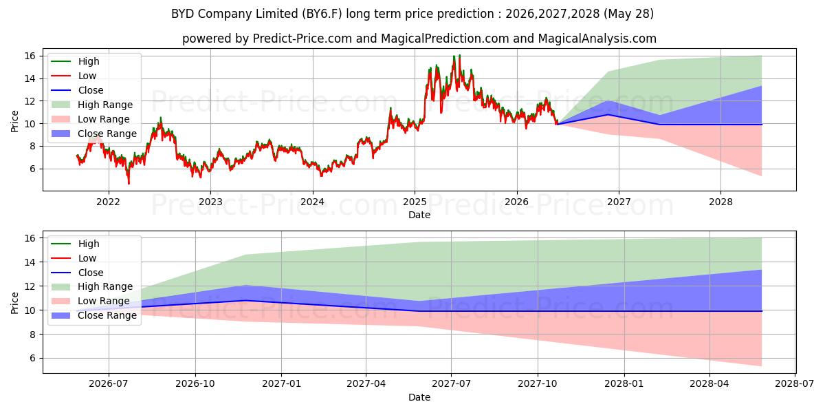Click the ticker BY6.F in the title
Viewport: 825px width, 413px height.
(x=322, y=14)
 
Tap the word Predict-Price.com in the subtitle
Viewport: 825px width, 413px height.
(x=302, y=39)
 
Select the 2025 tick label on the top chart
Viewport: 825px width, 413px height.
(x=415, y=202)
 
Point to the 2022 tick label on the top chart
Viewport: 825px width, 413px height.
(x=109, y=202)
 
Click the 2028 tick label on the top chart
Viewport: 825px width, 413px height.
(x=720, y=202)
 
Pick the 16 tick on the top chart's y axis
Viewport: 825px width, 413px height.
(x=30, y=56)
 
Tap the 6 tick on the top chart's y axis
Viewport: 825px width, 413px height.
(x=33, y=169)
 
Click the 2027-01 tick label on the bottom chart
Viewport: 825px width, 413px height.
(x=281, y=384)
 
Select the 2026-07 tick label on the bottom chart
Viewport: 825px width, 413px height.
(x=109, y=384)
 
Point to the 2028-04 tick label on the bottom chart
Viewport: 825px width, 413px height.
(x=709, y=384)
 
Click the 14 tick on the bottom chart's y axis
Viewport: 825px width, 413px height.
(x=30, y=262)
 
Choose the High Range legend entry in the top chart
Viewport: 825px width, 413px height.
(x=91, y=105)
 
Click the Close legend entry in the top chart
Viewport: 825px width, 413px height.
(x=77, y=90)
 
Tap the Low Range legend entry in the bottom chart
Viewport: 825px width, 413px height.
(x=90, y=301)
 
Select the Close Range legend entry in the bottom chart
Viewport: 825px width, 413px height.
(x=94, y=315)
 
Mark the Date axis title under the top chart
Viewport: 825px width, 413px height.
(x=419, y=215)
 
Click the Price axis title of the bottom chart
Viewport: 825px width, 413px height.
(x=14, y=303)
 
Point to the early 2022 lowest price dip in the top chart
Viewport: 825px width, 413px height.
(x=129, y=183)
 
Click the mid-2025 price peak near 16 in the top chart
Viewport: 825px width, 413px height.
(x=459, y=56)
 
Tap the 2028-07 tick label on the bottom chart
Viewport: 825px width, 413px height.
(x=795, y=384)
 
